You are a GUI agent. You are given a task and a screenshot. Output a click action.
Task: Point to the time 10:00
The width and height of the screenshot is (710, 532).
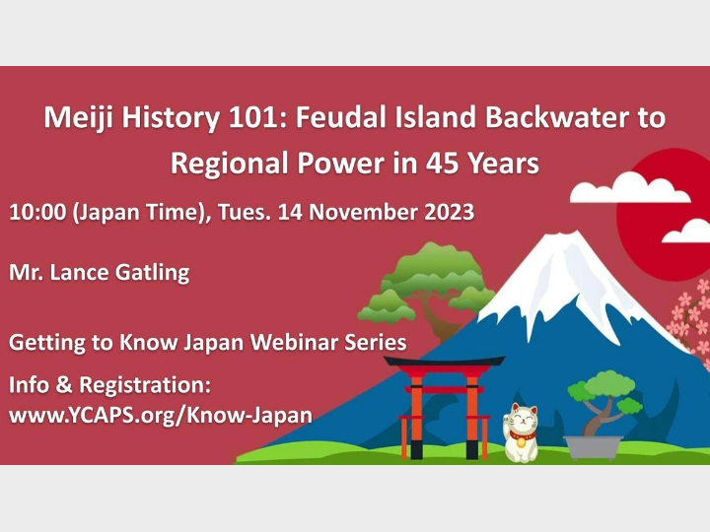click(x=37, y=212)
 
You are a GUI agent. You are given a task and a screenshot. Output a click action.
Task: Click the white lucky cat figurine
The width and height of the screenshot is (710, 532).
click(x=521, y=433)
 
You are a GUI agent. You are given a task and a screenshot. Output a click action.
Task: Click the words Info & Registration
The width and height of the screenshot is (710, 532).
click(x=109, y=383)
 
